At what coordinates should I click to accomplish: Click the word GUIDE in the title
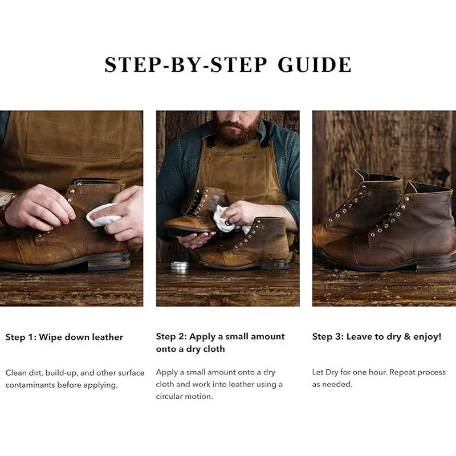[x=315, y=65]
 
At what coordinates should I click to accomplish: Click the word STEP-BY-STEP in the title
[x=186, y=65]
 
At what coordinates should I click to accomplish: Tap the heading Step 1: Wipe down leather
[x=64, y=337]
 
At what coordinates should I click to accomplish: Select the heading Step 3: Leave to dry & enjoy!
[x=377, y=337]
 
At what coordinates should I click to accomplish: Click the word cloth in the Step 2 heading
[x=214, y=349]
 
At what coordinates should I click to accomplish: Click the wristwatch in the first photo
[x=6, y=201]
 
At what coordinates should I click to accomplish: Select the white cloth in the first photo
[x=101, y=214]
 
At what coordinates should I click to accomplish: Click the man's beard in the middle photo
[x=239, y=131]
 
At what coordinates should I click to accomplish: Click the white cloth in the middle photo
[x=226, y=219]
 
